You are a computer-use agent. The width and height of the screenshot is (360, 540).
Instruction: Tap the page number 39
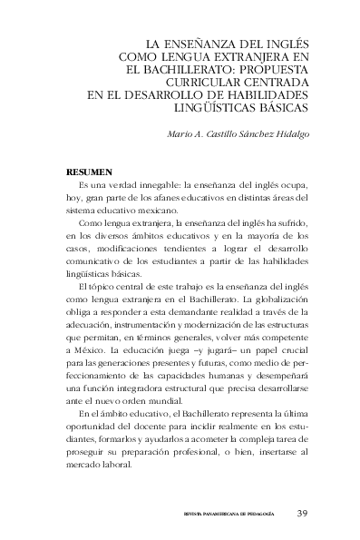(x=304, y=513)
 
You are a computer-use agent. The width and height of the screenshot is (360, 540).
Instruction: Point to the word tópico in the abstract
(x=103, y=286)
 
